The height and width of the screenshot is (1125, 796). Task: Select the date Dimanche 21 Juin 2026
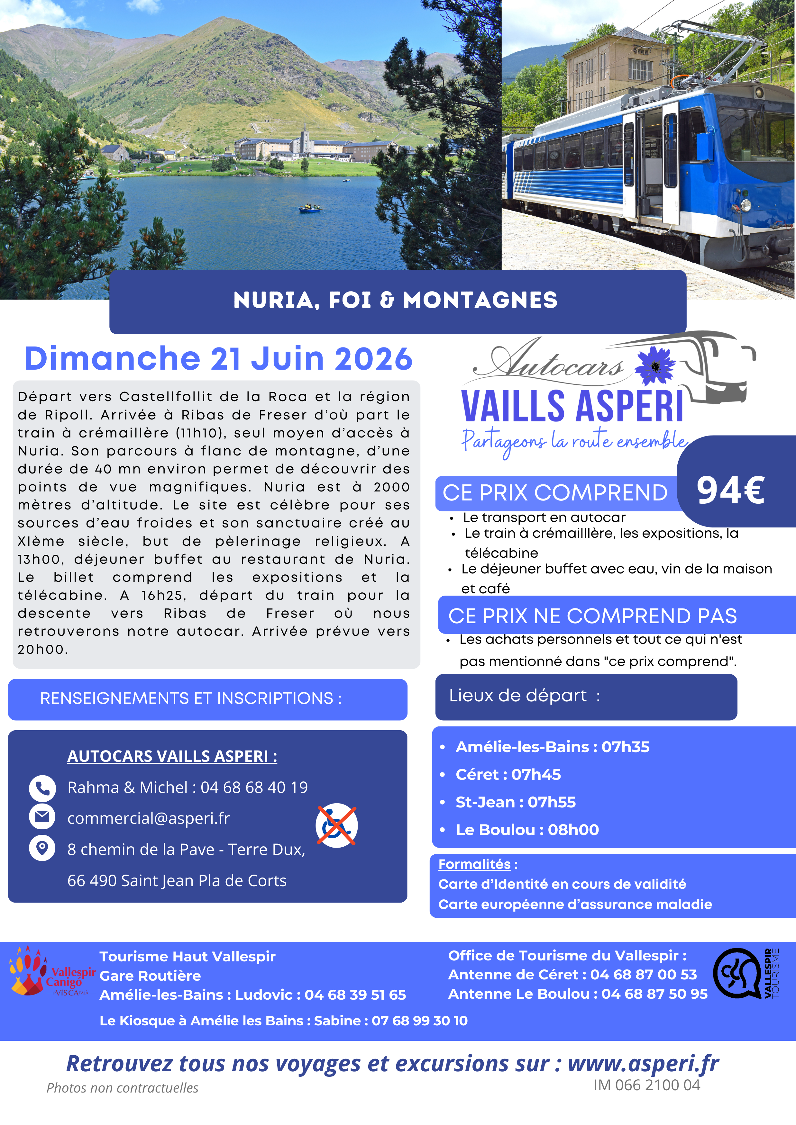click(x=219, y=359)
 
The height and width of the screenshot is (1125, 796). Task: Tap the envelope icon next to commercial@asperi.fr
click(x=42, y=817)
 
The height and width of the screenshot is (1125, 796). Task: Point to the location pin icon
click(x=42, y=848)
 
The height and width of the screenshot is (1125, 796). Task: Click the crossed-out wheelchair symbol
click(x=337, y=826)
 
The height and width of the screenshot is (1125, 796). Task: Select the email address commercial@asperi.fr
click(x=149, y=818)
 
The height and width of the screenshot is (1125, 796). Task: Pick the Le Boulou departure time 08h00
click(x=573, y=830)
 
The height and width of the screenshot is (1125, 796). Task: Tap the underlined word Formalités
click(x=474, y=864)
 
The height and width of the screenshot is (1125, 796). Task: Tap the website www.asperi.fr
click(x=643, y=1064)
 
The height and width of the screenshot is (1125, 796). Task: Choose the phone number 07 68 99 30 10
click(x=420, y=1021)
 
